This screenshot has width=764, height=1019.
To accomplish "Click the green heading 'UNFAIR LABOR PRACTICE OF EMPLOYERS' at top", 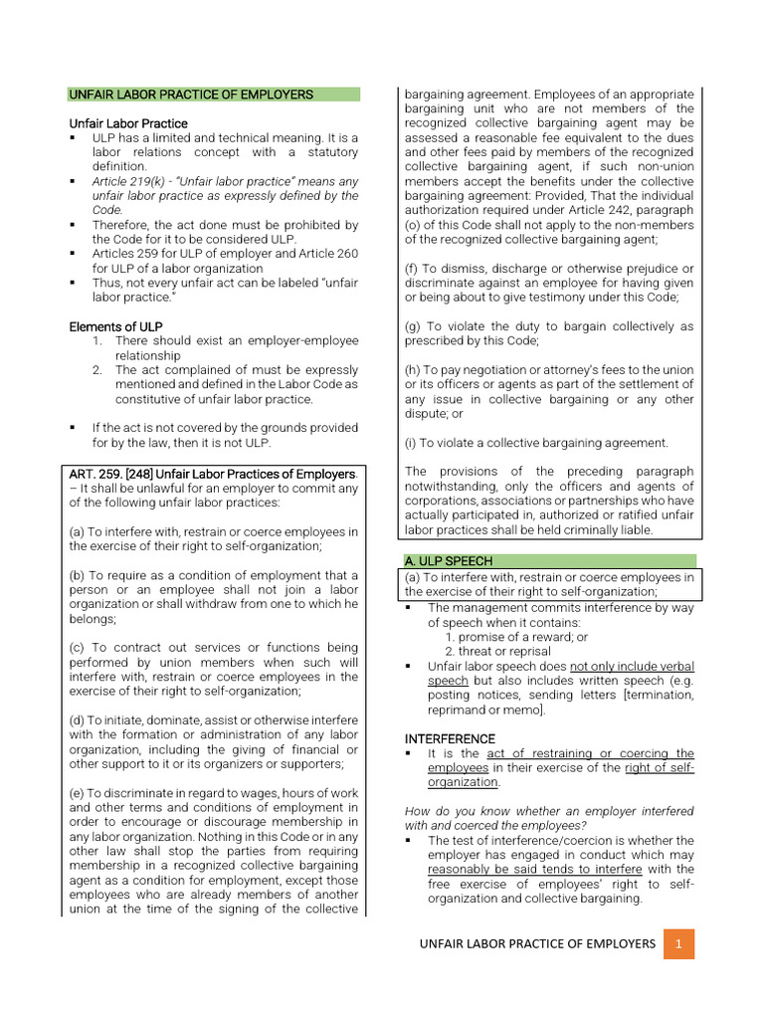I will [x=191, y=95].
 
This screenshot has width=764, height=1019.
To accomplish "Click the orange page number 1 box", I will [x=677, y=942].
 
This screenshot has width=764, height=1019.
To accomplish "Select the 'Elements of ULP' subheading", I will [x=116, y=326].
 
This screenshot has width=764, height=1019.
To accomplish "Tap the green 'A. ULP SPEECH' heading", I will [x=450, y=561].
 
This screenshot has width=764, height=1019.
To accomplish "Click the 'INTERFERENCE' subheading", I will [x=450, y=738].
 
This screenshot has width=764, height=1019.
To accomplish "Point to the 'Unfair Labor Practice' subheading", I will [x=128, y=123].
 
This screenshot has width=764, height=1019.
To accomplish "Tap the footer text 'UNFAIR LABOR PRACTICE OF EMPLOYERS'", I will [x=537, y=942].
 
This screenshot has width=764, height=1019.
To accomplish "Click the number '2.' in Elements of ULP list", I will [x=97, y=369].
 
